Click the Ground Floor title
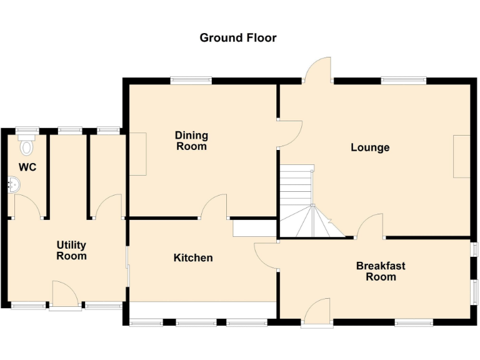click(237, 37)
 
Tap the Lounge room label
click(369, 147)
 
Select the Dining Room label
click(191, 141)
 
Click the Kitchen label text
click(193, 257)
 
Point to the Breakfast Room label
click(381, 271)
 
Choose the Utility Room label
click(71, 251)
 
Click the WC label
click(27, 167)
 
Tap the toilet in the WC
click(26, 146)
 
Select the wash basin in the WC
click(14, 184)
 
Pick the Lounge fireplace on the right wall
click(461, 156)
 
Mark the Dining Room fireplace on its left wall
click(137, 154)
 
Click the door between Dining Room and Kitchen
click(214, 206)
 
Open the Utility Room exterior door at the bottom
click(65, 295)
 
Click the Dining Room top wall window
click(191, 80)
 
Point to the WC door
click(27, 206)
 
